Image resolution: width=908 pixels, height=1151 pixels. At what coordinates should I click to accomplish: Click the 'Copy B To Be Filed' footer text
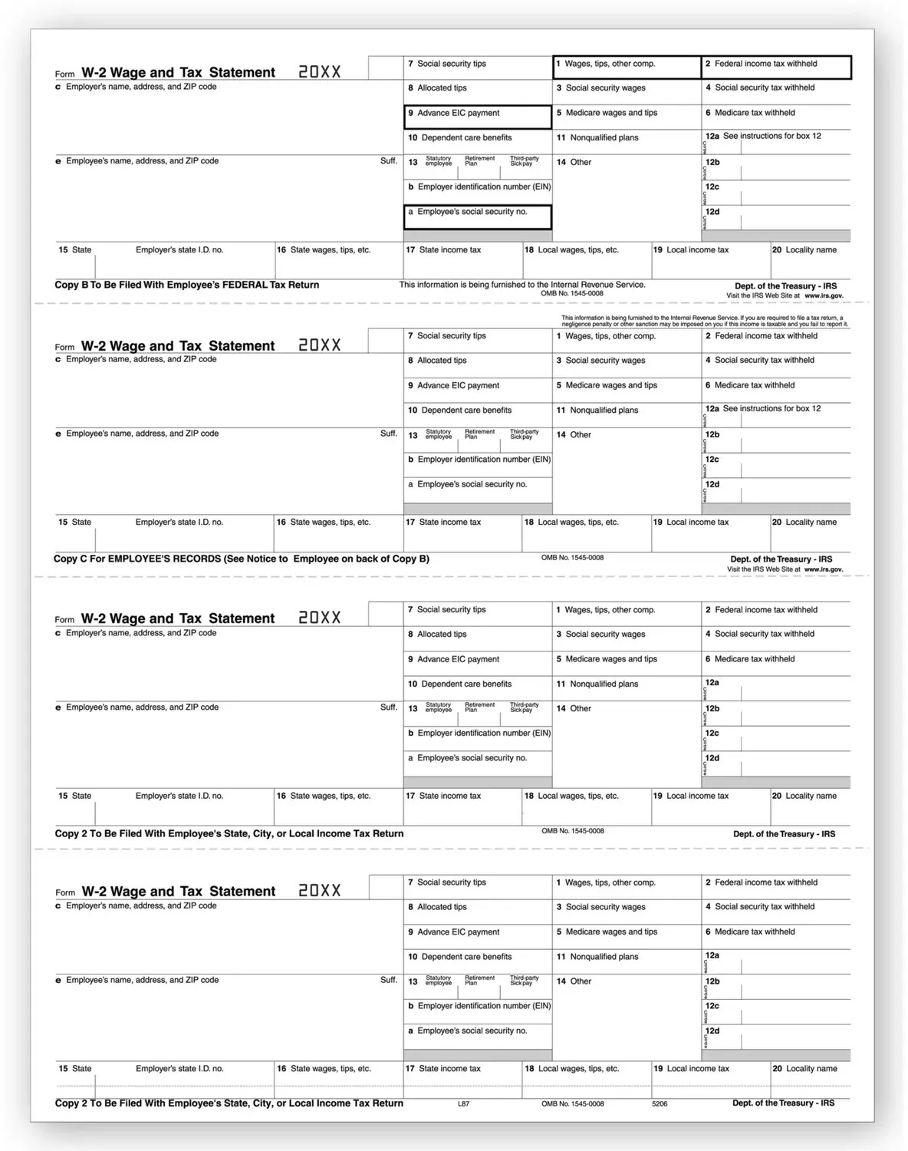[x=186, y=285]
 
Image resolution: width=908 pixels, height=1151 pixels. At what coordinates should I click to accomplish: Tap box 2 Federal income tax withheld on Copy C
[x=765, y=336]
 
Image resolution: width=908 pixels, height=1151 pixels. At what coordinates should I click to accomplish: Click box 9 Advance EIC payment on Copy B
[x=458, y=114]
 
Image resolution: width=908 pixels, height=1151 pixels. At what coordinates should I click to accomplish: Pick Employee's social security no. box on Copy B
[x=472, y=212]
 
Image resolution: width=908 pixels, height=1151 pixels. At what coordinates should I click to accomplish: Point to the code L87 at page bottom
[x=463, y=1103]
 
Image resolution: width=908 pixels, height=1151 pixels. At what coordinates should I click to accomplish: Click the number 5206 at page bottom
[x=660, y=1103]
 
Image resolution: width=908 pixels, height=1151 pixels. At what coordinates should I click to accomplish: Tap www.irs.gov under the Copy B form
[x=824, y=295]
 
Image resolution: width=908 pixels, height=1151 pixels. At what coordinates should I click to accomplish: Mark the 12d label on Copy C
[x=712, y=485]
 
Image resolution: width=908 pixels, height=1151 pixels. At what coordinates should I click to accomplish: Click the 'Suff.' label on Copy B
[x=389, y=161]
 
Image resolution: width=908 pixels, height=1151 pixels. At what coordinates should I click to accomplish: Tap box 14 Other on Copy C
[x=580, y=435]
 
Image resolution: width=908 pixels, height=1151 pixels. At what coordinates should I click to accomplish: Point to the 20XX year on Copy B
[x=320, y=72]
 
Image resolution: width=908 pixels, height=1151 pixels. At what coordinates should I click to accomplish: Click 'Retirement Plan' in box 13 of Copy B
[x=480, y=161]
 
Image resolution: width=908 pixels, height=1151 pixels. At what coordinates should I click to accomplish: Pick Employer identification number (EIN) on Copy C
[x=483, y=460]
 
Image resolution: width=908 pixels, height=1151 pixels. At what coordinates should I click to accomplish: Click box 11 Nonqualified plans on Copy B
[x=604, y=138]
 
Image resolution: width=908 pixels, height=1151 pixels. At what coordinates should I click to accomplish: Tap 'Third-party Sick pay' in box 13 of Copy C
[x=525, y=434]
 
